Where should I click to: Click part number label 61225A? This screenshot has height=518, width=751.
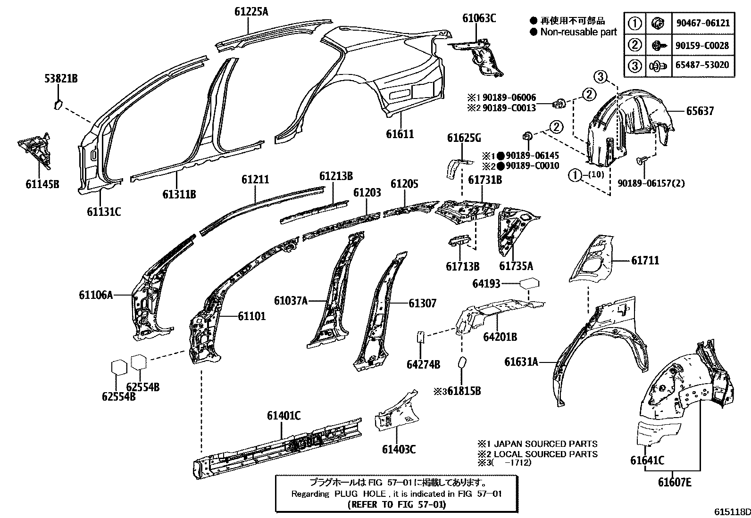pos(251,11)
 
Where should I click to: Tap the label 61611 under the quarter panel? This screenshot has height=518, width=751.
pos(400,134)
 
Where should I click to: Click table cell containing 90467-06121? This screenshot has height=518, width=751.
pos(709,23)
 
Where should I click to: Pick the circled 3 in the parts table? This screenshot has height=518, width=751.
pos(635,66)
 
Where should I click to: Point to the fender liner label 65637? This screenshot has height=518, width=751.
pos(700,111)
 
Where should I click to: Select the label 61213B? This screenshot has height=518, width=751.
pos(336,176)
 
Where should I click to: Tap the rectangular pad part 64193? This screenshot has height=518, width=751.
pos(529,284)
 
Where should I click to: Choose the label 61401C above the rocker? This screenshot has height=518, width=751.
pos(284,416)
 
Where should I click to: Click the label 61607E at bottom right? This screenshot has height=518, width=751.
pos(675,482)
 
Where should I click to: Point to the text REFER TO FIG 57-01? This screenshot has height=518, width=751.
pos(396,504)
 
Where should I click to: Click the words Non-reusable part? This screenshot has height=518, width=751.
pos(578,32)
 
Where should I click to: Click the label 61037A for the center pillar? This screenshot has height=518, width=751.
pos(291,300)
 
